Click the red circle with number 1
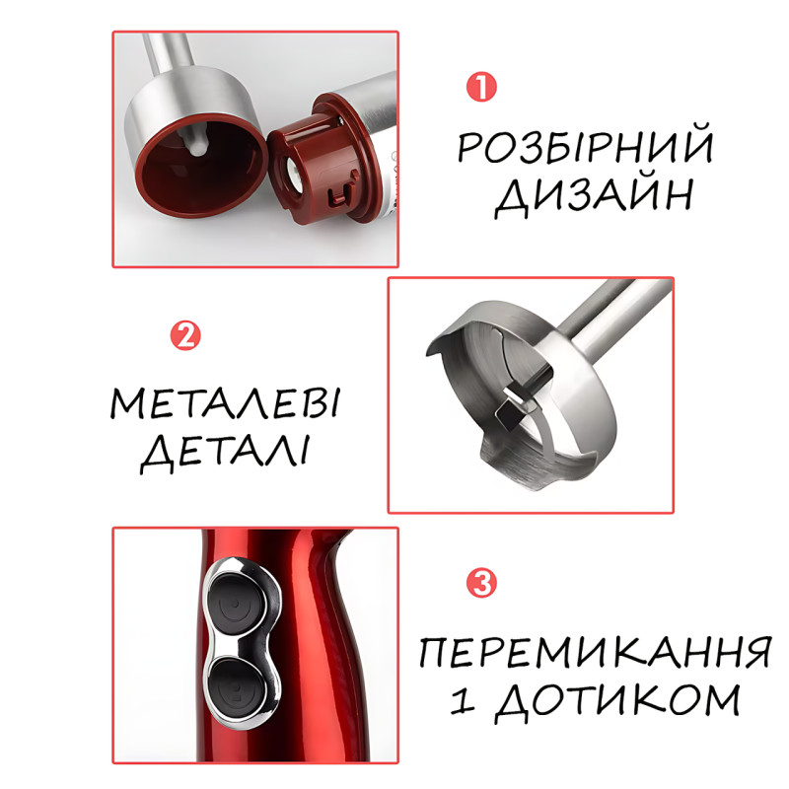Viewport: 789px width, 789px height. pyautogui.click(x=481, y=87)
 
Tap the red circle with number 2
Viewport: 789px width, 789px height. pyautogui.click(x=185, y=335)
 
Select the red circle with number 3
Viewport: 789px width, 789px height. pyautogui.click(x=481, y=583)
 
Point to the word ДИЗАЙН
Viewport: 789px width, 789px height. pyautogui.click(x=594, y=196)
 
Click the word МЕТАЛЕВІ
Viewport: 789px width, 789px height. pyautogui.click(x=225, y=403)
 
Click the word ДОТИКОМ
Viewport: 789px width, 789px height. pyautogui.click(x=617, y=702)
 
